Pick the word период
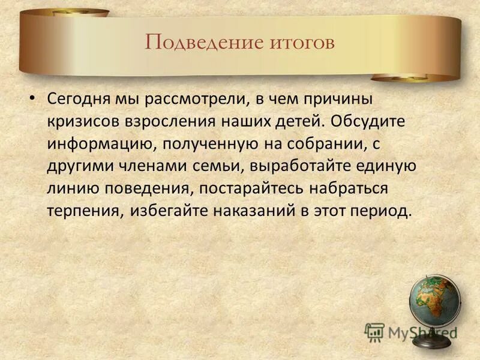384,212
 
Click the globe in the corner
435,303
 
